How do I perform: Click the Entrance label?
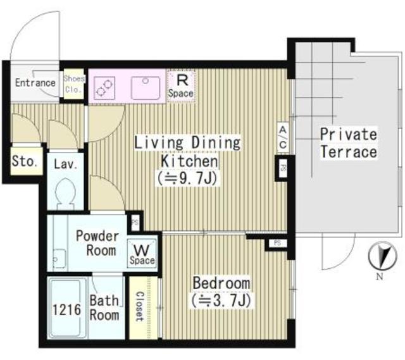pyautogui.click(x=35, y=83)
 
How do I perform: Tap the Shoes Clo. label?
pyautogui.click(x=73, y=84)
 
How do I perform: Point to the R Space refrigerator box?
pyautogui.click(x=181, y=85)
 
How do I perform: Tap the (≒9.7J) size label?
pyautogui.click(x=187, y=179)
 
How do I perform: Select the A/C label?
pyautogui.click(x=282, y=139)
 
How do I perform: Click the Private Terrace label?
pyautogui.click(x=347, y=143)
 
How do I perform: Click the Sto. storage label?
pyautogui.click(x=25, y=161)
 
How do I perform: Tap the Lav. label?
pyautogui.click(x=65, y=164)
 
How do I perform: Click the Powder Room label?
pyautogui.click(x=97, y=243)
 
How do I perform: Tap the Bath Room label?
pyautogui.click(x=105, y=308)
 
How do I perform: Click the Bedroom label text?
pyautogui.click(x=221, y=283)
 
